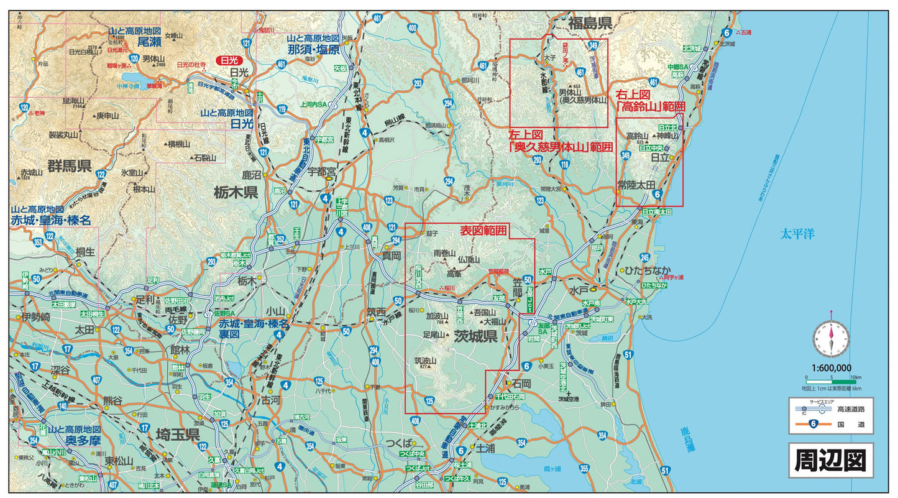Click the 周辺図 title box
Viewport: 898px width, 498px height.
pos(831,460)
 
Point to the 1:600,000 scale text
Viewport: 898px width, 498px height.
pos(831,367)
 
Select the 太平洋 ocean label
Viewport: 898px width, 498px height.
pos(797,234)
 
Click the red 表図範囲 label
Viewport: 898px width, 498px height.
pos(483,231)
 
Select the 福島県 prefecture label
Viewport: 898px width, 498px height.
pos(590,24)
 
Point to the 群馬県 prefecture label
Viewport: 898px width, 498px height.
pos(70,165)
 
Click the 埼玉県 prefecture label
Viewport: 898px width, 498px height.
pos(177,434)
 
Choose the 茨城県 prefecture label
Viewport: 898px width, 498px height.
pos(475,337)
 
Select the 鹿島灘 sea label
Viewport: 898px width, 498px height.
pos(684,437)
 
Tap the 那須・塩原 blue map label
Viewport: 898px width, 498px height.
pos(318,50)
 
